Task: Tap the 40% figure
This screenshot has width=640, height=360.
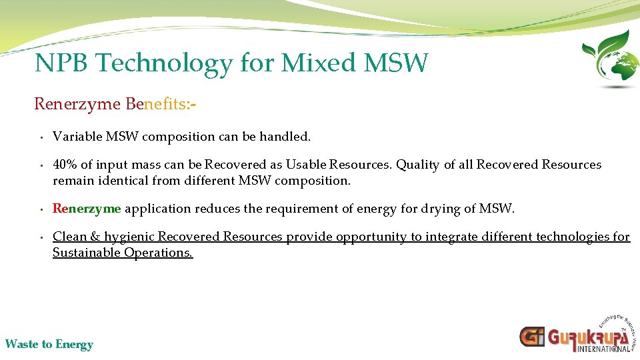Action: click(65, 165)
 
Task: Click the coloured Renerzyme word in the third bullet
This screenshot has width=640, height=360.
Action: click(87, 209)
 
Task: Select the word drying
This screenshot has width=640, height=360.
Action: click(440, 209)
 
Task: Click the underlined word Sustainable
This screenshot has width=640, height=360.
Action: click(87, 253)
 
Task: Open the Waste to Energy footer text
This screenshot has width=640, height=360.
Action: click(49, 345)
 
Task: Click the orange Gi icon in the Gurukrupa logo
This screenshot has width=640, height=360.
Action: click(532, 337)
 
